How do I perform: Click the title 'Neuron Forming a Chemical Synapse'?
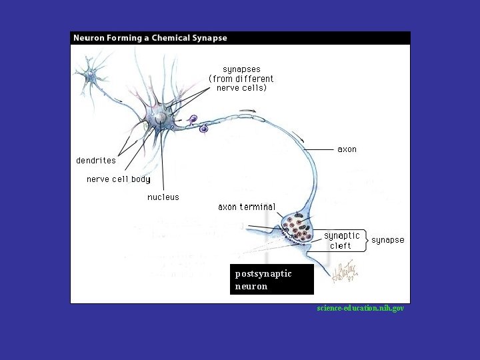[150, 38]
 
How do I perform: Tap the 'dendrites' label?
[96, 161]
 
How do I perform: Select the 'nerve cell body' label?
[119, 179]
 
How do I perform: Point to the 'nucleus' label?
[163, 197]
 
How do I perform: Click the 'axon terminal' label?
[247, 207]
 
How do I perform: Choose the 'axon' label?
[347, 149]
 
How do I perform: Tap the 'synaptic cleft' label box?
[341, 241]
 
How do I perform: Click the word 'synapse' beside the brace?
[387, 240]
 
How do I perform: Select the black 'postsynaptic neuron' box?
[271, 280]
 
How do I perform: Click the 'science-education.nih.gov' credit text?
[361, 309]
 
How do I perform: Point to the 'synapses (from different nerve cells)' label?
[241, 79]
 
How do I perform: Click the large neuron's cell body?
[161, 118]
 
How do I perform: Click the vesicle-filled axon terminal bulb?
[300, 228]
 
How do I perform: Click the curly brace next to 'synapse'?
[365, 240]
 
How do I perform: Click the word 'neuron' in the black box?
[251, 287]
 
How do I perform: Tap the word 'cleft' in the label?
[341, 246]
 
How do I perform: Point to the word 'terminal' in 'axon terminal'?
[257, 207]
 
